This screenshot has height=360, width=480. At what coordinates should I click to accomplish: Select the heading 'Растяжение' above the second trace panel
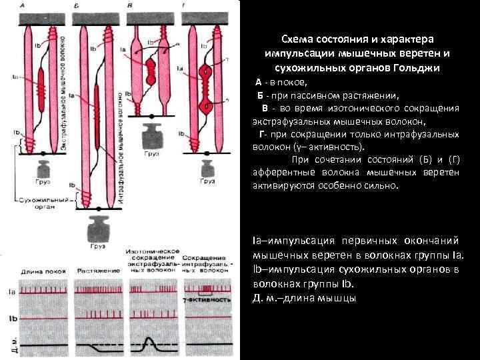click(x=95, y=271)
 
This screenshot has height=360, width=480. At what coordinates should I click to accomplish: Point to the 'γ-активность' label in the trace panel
click(x=207, y=301)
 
